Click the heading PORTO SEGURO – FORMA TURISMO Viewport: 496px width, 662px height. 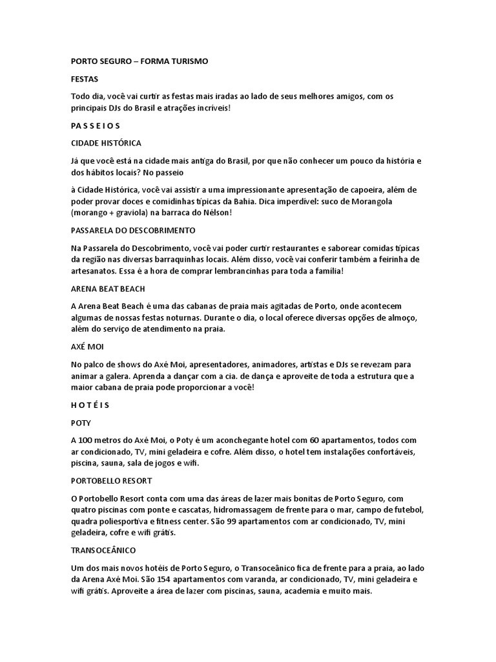(139, 61)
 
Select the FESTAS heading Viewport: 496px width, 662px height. (85, 79)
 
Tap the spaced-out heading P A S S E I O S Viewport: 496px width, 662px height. (96, 125)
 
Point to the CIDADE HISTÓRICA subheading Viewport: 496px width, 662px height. (106, 142)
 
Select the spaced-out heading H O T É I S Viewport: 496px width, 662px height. (90, 405)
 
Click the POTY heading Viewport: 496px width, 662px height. (81, 423)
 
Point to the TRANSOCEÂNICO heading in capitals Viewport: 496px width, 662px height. (103, 550)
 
